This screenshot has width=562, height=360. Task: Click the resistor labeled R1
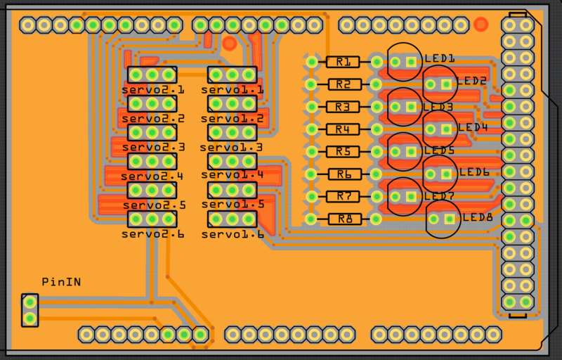[343, 62]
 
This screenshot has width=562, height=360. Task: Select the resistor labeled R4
[343, 129]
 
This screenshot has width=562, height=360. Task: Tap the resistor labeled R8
[345, 219]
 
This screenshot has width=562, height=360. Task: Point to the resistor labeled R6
[344, 174]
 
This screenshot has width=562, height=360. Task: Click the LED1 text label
[440, 58]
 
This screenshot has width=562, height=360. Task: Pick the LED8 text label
[478, 217]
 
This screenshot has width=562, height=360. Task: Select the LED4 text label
[473, 127]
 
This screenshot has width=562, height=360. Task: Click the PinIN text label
[61, 282]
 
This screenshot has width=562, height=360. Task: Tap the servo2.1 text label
[152, 90]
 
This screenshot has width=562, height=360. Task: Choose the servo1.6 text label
[233, 235]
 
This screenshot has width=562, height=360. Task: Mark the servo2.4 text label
[152, 176]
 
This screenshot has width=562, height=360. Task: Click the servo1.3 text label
[231, 148]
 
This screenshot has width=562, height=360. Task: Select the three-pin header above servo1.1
[232, 75]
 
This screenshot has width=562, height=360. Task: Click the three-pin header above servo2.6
[152, 219]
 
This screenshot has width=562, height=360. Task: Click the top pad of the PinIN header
[30, 303]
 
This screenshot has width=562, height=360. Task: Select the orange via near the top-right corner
[481, 25]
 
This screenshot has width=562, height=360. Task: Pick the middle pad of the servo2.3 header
[152, 132]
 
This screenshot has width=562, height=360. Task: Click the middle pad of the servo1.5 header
[232, 190]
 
